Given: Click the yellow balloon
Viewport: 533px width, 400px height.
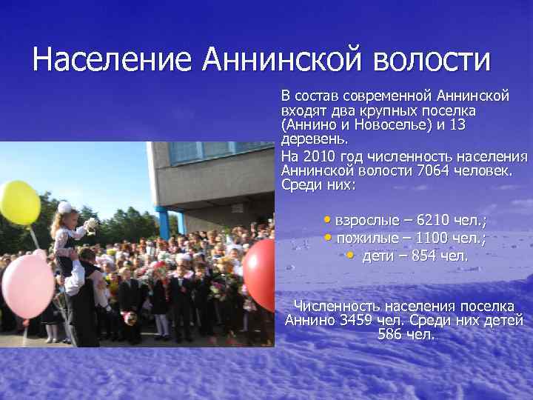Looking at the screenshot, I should [19, 202].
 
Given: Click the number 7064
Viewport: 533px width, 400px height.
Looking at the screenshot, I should [432, 171].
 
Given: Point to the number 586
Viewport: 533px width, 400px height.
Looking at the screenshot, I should [392, 335].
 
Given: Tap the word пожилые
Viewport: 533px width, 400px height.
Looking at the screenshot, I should [366, 239].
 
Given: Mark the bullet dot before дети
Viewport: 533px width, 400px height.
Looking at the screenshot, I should [350, 255].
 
